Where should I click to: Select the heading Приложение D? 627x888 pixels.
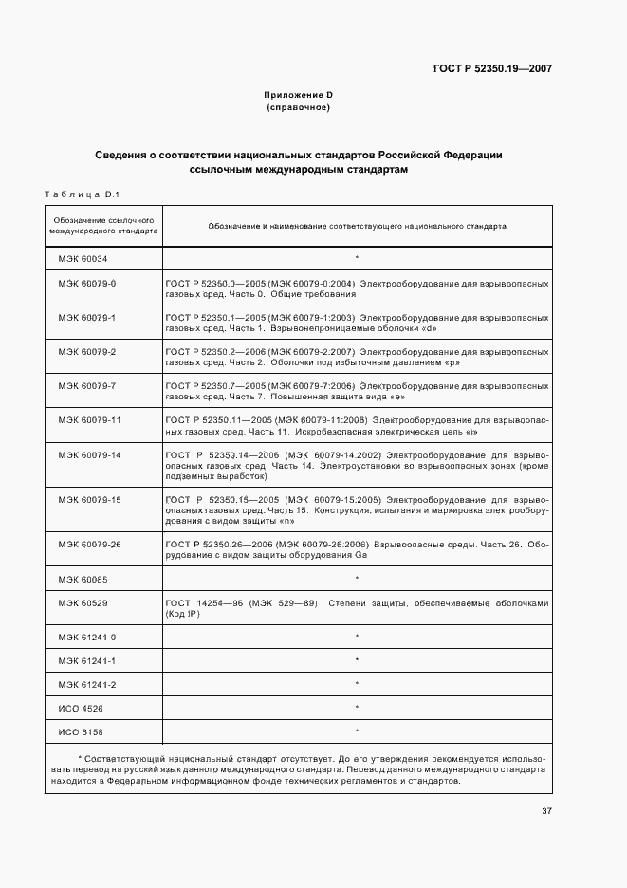tap(299, 95)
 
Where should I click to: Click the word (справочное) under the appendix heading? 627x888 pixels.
tap(299, 108)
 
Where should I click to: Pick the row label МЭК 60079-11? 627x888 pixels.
tap(89, 419)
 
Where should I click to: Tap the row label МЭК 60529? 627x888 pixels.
tap(83, 602)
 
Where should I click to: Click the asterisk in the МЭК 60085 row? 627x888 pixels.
tap(357, 578)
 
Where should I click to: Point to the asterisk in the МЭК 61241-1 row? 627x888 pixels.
tap(357, 660)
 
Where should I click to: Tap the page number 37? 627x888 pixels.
tap(546, 811)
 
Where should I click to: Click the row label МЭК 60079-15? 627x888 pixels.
tap(89, 499)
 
